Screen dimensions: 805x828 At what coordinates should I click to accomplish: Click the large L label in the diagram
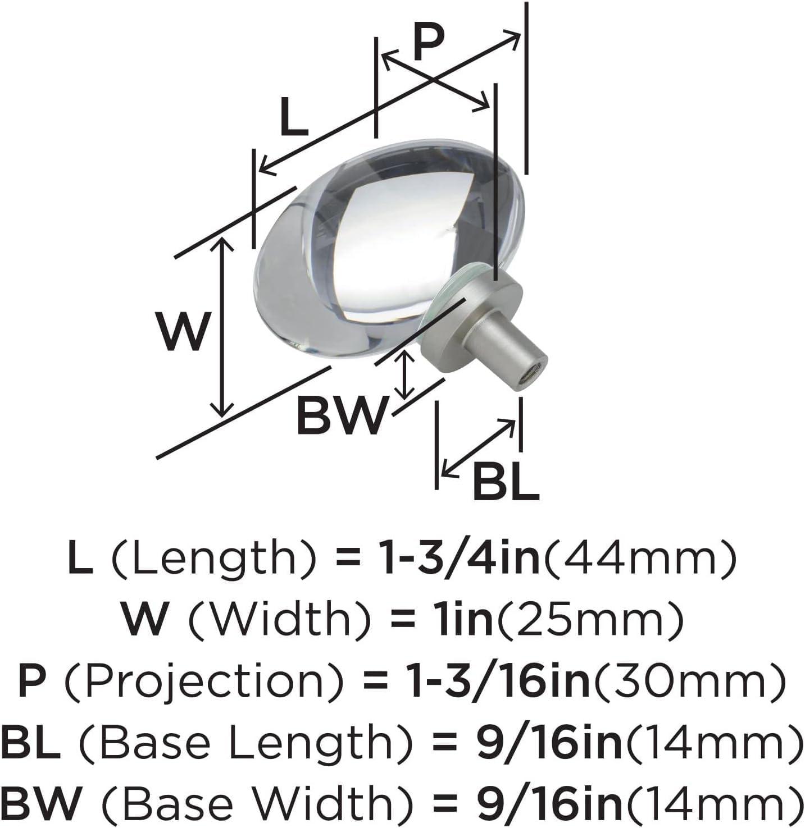(294, 116)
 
